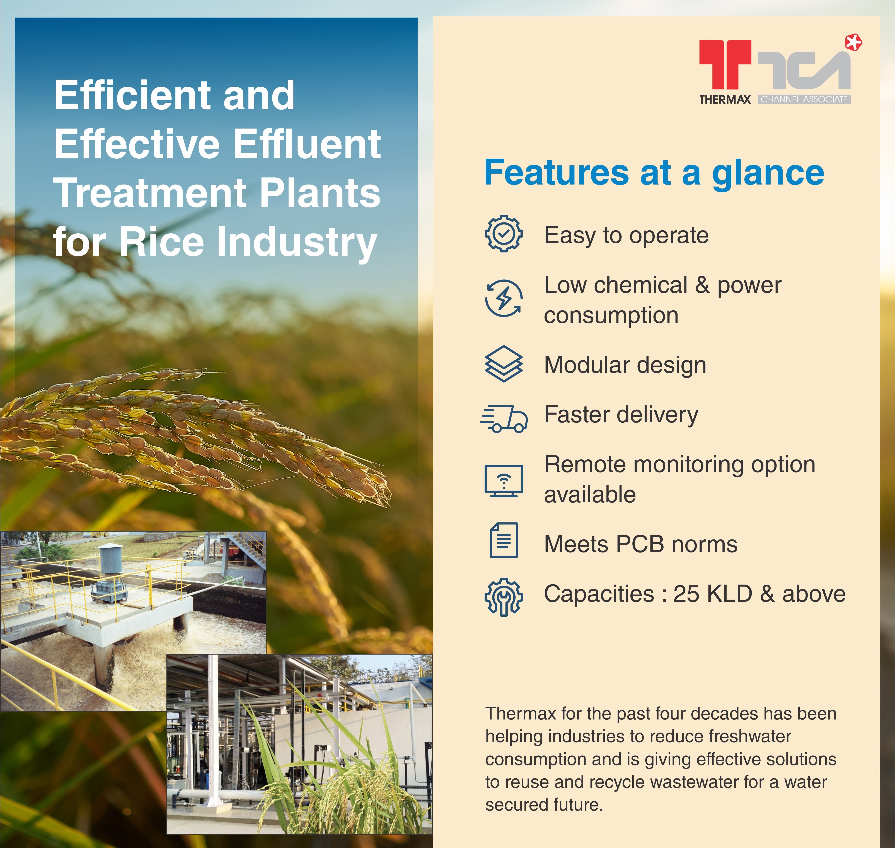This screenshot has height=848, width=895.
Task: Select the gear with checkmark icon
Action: tap(504, 234)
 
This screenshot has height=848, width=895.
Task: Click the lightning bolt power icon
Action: tap(504, 298)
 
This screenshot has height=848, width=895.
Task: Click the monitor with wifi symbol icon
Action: tap(504, 481)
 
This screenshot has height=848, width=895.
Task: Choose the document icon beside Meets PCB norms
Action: tap(504, 541)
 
